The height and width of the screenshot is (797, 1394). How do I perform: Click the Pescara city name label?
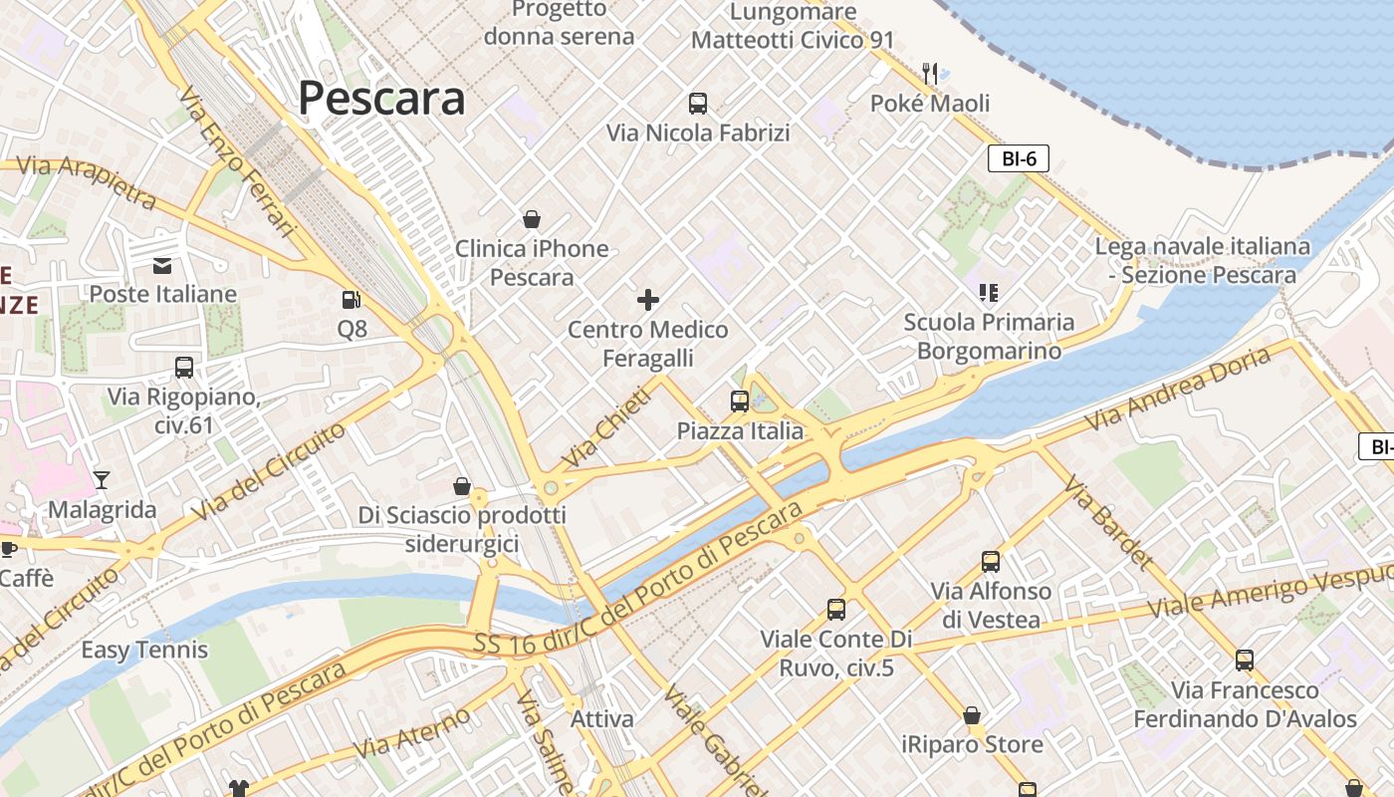click(381, 99)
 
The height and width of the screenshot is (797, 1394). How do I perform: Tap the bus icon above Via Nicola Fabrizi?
click(698, 103)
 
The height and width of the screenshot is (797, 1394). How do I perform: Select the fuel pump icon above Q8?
click(350, 299)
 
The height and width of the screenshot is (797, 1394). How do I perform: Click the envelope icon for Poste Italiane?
click(162, 265)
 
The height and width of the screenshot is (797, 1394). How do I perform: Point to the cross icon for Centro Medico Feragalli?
click(648, 299)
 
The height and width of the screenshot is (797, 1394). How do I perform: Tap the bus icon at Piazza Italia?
click(739, 401)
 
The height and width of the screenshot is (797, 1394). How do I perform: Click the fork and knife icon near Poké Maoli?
click(930, 73)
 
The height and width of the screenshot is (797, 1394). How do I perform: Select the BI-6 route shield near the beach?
click(1019, 158)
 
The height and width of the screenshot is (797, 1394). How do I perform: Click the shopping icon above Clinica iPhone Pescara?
click(532, 219)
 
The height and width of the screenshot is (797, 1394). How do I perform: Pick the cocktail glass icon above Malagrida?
click(102, 479)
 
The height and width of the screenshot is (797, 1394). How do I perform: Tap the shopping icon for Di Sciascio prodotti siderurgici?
click(462, 486)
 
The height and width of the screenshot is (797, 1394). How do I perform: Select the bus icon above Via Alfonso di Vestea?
click(990, 561)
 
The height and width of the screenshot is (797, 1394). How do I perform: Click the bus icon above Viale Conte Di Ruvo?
click(836, 609)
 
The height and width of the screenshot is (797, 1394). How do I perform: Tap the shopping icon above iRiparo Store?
click(972, 715)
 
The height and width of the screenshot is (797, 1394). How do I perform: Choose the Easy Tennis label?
click(144, 651)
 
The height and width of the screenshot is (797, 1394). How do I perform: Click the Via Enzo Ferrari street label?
click(238, 162)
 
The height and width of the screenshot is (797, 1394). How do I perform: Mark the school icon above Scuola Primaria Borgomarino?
click(988, 292)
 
